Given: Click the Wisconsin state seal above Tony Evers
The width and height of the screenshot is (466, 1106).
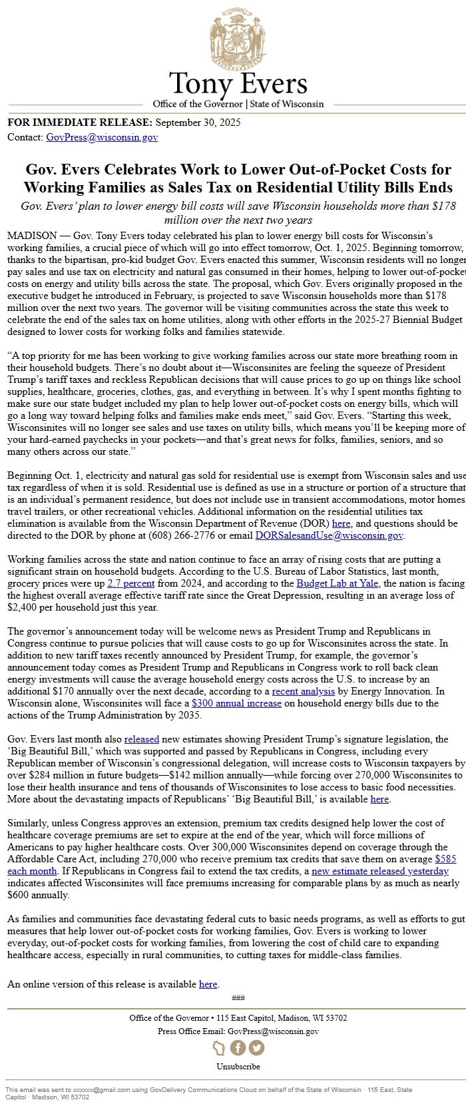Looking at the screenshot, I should point(237,41).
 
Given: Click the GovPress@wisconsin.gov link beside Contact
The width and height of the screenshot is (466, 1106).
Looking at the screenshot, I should point(102,137).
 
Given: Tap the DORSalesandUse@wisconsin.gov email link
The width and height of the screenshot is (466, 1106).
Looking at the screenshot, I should point(330,535).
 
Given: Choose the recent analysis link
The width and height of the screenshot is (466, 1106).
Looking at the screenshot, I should point(294,692).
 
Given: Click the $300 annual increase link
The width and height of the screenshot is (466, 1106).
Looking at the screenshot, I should point(236,703).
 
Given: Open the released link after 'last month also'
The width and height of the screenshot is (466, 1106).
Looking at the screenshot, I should point(141,739).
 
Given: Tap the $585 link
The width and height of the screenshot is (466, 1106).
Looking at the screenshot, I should point(445,859).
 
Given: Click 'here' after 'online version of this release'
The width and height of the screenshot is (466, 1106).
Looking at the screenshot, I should point(208,984).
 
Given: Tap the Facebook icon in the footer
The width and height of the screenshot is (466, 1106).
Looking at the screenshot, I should point(238,1047).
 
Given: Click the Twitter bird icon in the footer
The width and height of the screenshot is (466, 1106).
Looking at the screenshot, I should point(256,1047).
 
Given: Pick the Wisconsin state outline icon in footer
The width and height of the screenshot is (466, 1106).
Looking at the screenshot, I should point(220,1047).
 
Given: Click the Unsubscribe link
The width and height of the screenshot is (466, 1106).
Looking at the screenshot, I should point(238,1066).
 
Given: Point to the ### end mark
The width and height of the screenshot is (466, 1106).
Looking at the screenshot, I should point(238,997).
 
